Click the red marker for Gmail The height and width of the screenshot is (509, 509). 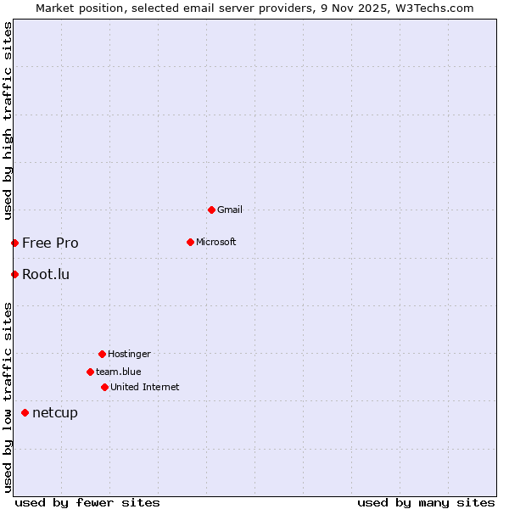tap(211, 210)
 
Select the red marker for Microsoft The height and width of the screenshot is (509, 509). tap(190, 242)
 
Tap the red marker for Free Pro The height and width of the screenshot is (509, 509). tap(14, 243)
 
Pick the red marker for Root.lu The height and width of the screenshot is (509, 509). tap(14, 274)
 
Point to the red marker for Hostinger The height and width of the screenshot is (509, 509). tap(102, 354)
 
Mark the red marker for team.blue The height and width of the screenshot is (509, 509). tap(90, 372)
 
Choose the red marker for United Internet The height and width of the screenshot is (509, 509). tap(104, 387)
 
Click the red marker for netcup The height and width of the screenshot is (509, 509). tap(25, 412)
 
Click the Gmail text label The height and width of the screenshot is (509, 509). tap(230, 210)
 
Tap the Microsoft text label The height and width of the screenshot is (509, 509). tap(216, 242)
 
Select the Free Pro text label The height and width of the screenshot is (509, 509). tap(50, 243)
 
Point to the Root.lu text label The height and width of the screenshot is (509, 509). tap(46, 274)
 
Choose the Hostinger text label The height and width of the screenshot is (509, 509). tap(129, 354)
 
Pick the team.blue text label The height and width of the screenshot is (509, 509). tap(119, 372)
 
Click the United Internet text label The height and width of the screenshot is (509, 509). tap(145, 387)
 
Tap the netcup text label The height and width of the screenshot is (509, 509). tap(55, 412)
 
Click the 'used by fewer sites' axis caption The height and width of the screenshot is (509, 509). tap(87, 502)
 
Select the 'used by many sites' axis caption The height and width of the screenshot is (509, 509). tap(426, 502)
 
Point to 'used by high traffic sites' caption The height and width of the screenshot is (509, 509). tap(8, 120)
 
